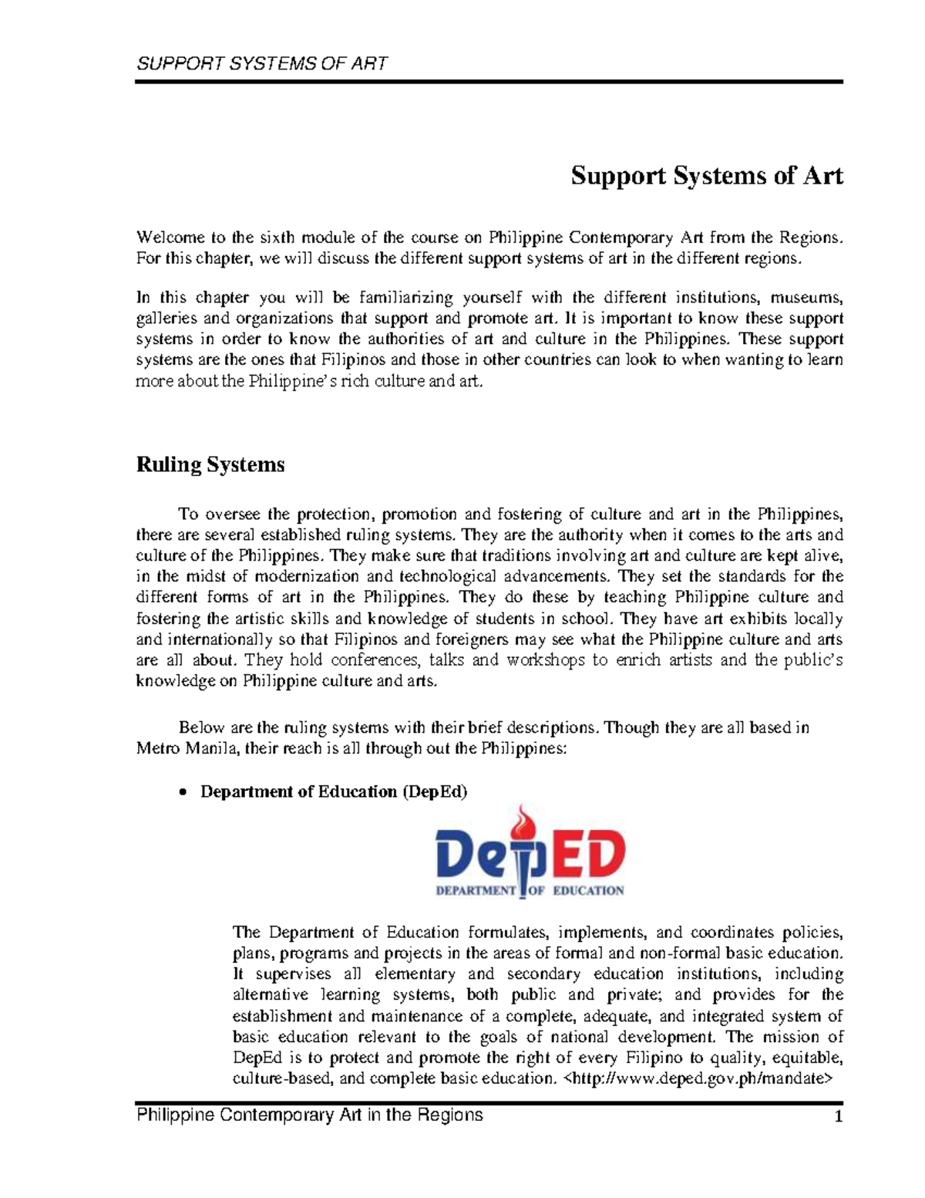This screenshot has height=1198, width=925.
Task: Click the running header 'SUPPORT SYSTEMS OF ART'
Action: point(261,63)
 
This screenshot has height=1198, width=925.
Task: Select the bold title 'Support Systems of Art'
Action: point(706,177)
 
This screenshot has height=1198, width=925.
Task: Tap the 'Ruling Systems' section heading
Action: point(210,465)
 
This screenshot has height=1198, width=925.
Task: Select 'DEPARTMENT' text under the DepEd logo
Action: point(475,890)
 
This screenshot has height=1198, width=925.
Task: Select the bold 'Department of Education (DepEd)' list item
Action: point(334,792)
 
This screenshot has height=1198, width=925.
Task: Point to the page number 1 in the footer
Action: point(839,1117)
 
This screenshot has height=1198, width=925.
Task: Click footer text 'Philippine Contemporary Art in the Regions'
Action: point(309,1115)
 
